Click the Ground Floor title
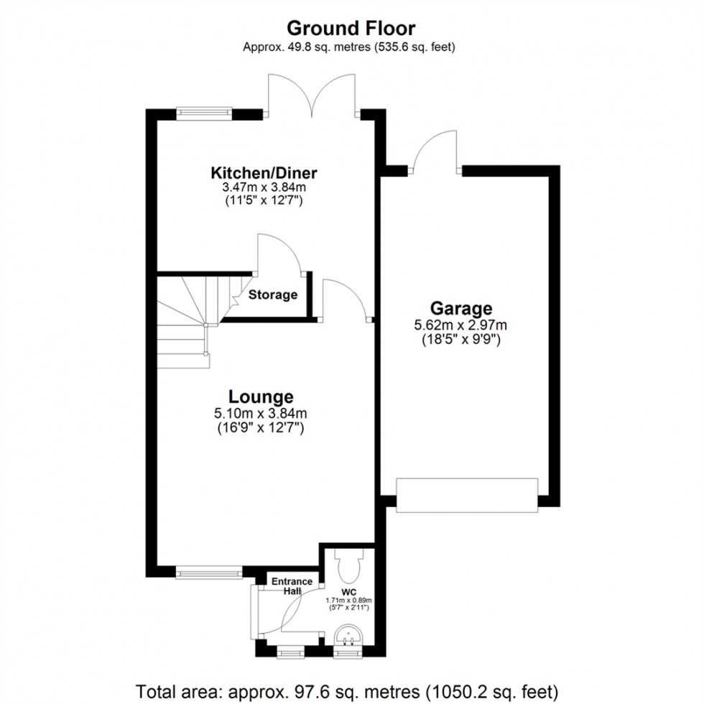(x=351, y=28)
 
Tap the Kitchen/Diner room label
(x=264, y=173)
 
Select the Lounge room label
(x=261, y=397)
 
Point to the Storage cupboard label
(x=273, y=295)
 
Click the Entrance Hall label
(x=291, y=585)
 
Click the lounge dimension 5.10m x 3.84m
(x=261, y=413)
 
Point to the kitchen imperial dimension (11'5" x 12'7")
(x=264, y=202)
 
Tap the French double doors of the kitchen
(x=312, y=97)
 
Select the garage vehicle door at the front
(x=466, y=496)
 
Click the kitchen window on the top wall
(x=205, y=112)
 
